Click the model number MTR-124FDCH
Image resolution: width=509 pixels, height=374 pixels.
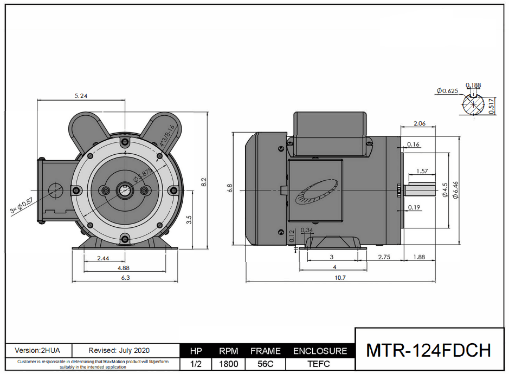pos(429,350)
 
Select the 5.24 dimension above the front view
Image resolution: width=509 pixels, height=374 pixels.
pos(81,96)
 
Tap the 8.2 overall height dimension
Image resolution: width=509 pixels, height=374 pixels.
pos(203,182)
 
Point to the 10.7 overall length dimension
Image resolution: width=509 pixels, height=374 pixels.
pos(340,277)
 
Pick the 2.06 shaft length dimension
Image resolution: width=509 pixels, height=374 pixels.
pos(420,123)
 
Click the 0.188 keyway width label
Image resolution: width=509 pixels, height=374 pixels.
pos(473,85)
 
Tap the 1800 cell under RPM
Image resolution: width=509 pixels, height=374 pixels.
pos(228,364)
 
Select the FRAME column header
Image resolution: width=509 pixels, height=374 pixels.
pos(266,351)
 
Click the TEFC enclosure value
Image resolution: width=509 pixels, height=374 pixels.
pos(319,364)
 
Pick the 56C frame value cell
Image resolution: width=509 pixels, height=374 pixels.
pos(266,364)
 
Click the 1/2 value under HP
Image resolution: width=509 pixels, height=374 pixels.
pos(196,364)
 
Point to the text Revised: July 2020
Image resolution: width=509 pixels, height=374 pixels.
pos(119,351)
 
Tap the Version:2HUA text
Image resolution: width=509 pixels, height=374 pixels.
pos(37,351)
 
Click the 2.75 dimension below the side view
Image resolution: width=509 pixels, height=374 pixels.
pos(384,257)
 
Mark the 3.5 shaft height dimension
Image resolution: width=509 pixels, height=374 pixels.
pos(189,220)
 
